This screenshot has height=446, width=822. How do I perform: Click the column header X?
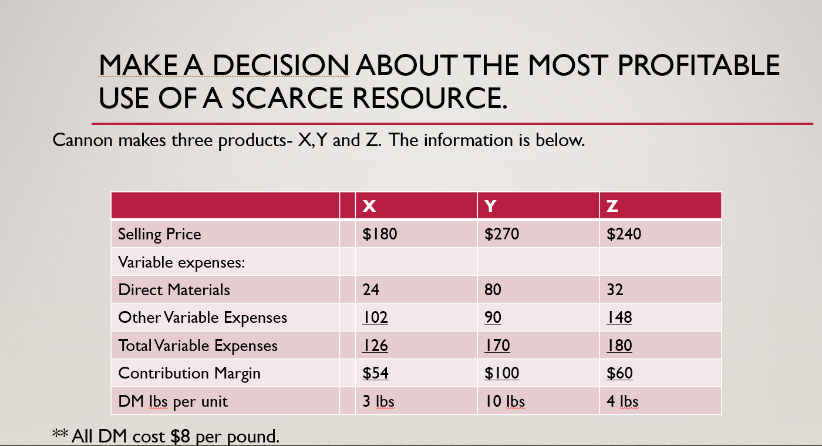369,206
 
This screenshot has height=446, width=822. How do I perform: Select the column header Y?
491,206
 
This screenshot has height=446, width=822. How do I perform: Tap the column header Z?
612,206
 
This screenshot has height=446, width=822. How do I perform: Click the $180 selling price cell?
380,234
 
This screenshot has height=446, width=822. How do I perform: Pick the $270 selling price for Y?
502,234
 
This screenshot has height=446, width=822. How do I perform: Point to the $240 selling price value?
624,234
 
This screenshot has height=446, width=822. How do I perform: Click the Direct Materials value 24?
371,289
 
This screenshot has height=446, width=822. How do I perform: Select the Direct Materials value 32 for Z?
615,289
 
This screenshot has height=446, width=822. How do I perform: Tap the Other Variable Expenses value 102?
375,317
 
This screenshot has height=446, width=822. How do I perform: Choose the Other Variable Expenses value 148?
619,317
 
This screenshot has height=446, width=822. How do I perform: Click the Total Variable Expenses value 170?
497,345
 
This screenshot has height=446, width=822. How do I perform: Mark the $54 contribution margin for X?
375,373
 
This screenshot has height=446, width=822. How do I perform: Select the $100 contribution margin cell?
502,373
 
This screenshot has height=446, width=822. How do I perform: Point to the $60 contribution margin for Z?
619,373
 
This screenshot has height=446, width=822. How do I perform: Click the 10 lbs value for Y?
504,401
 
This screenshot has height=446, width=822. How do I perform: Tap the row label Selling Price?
159,234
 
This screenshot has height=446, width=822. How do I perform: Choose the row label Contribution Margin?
189,373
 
